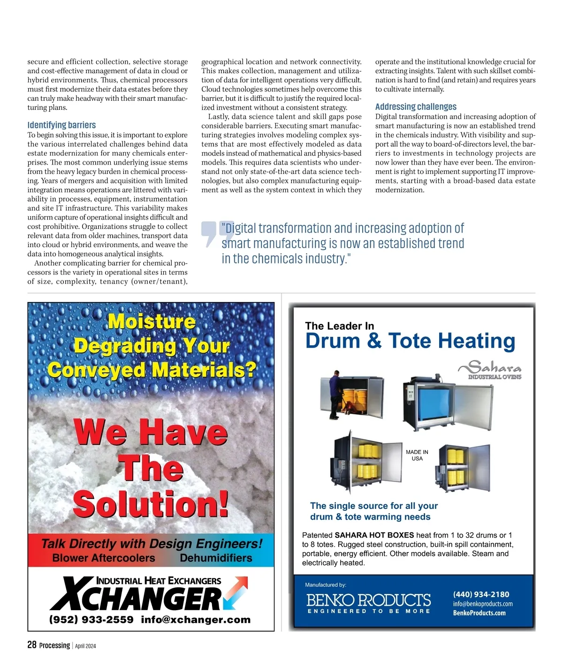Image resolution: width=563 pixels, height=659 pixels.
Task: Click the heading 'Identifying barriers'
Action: point(61,125)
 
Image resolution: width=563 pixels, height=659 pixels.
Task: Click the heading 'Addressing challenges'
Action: point(416,107)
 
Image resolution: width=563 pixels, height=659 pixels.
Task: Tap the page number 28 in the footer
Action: point(32,645)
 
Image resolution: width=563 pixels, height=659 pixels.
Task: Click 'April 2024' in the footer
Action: point(85,646)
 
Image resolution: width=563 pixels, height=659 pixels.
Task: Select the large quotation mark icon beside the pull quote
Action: point(211,233)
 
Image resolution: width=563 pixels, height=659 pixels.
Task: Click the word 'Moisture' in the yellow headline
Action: point(152,322)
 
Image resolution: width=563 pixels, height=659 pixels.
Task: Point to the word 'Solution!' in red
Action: point(151,504)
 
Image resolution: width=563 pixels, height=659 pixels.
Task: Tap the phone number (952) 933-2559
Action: point(91,620)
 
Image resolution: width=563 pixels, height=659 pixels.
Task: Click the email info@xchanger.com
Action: point(196,620)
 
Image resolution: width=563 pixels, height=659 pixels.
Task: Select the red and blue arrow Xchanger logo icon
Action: point(236,592)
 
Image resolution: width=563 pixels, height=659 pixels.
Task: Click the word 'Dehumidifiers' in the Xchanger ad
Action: point(216,558)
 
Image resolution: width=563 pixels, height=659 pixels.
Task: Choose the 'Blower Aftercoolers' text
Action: point(104,558)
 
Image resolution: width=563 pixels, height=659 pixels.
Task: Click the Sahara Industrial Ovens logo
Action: point(490,370)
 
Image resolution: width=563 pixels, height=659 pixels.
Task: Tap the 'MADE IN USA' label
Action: point(417,455)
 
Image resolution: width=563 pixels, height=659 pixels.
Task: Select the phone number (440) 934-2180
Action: point(481,594)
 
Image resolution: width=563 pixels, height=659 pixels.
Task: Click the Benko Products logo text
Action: point(368,601)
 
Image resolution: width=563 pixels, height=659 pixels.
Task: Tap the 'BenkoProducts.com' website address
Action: point(479,613)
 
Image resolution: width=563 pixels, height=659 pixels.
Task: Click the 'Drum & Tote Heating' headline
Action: point(410,341)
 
